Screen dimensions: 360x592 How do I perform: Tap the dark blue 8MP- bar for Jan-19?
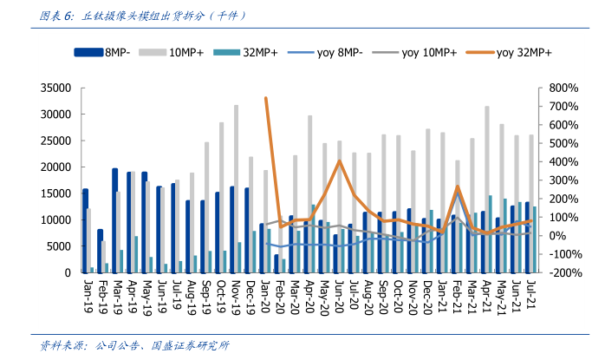point(85,231)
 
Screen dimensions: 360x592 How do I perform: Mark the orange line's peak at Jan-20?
point(265,98)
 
